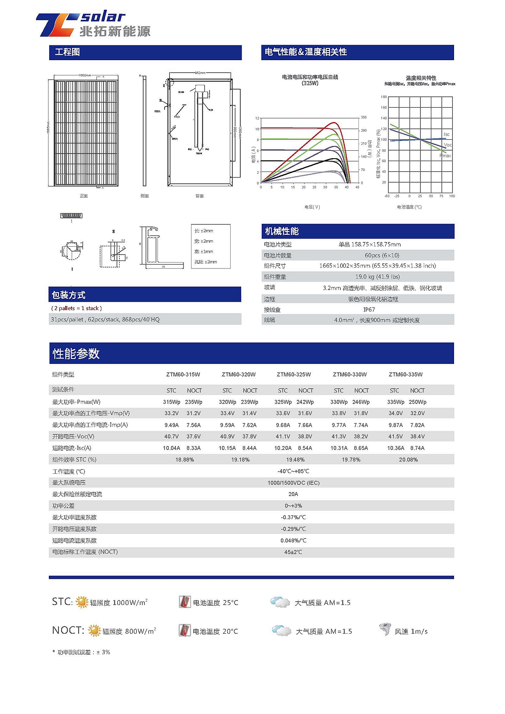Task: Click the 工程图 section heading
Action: click(x=67, y=52)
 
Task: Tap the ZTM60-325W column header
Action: click(x=294, y=374)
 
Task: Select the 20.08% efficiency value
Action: click(x=408, y=460)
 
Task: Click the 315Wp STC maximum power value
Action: click(x=171, y=402)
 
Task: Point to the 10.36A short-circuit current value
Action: click(x=396, y=448)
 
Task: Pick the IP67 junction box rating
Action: click(x=369, y=310)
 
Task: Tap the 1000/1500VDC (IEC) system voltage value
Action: click(x=293, y=483)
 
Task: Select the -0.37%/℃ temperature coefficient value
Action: click(x=293, y=518)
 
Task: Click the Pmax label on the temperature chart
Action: click(x=445, y=156)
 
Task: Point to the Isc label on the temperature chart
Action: click(x=447, y=134)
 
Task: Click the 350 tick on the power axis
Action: click(x=364, y=117)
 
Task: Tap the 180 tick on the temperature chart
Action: click(x=383, y=97)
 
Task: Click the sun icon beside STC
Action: click(x=82, y=602)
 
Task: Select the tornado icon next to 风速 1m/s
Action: click(x=385, y=630)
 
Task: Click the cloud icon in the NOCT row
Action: click(x=282, y=631)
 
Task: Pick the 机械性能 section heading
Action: click(x=282, y=231)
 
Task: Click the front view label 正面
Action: click(x=84, y=196)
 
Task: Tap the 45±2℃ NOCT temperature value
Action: click(x=293, y=552)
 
